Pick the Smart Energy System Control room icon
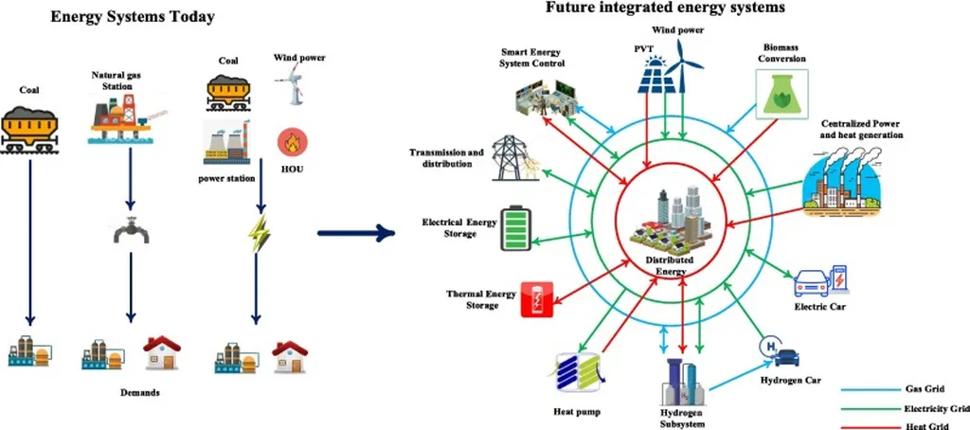(541, 96)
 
